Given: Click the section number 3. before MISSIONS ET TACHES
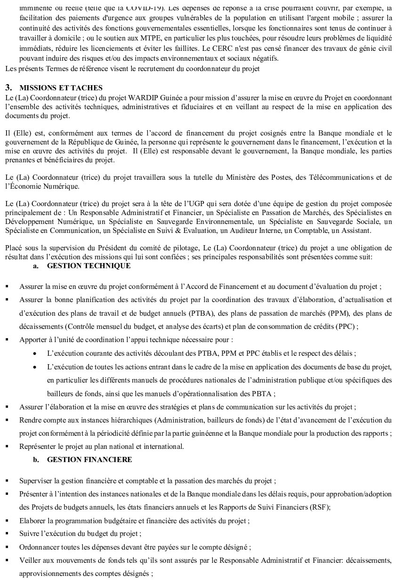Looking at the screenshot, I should (x=8, y=88).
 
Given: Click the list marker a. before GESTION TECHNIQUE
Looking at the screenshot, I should (x=36, y=266).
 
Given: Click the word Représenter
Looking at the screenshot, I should (x=39, y=446).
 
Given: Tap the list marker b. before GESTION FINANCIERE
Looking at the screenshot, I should (x=36, y=459).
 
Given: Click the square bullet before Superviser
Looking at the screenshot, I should (x=8, y=481).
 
